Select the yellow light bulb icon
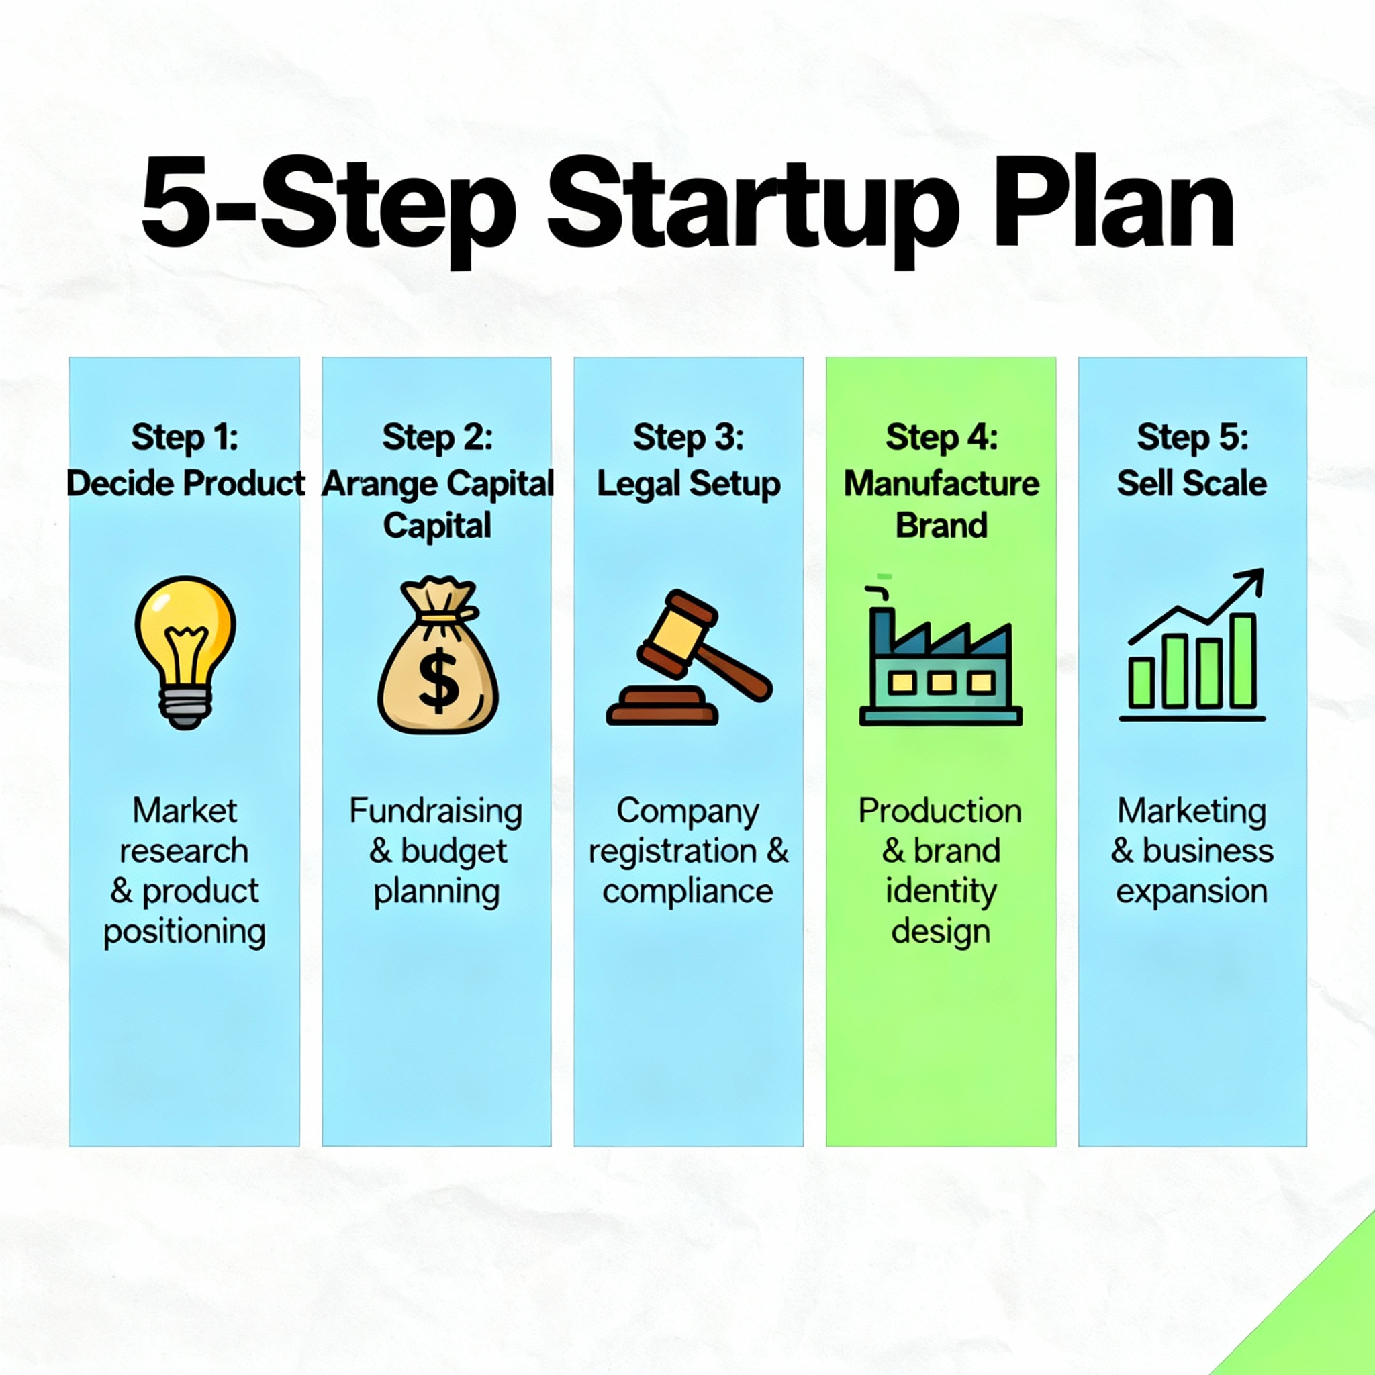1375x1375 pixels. (x=185, y=652)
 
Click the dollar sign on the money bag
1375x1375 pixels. (x=438, y=680)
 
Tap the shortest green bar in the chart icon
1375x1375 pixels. (x=1141, y=683)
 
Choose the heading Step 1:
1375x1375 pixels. (x=185, y=437)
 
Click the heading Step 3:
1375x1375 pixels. (x=688, y=437)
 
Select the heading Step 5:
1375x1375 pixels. (x=1193, y=437)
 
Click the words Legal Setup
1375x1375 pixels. (x=688, y=485)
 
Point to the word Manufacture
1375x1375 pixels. (x=941, y=483)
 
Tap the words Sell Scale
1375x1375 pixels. (x=1192, y=483)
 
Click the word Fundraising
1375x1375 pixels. (x=436, y=811)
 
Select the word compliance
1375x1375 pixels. (x=687, y=892)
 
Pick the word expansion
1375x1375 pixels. (x=1192, y=892)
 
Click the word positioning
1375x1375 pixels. (x=185, y=933)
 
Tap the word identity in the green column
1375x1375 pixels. (x=941, y=892)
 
